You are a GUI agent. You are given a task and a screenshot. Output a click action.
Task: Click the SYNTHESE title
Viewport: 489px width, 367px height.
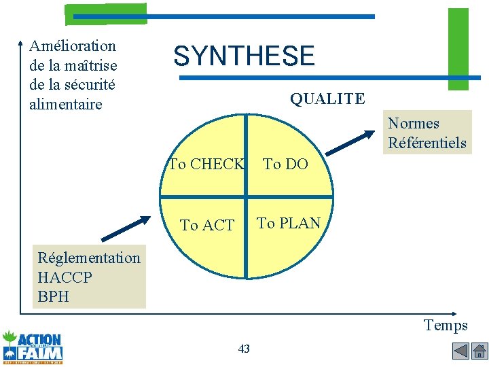pyautogui.click(x=244, y=56)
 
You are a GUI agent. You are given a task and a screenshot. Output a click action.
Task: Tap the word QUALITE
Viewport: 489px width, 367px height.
pyautogui.click(x=327, y=99)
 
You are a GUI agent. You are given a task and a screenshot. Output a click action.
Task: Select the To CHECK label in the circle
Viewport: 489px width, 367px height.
pyautogui.click(x=206, y=164)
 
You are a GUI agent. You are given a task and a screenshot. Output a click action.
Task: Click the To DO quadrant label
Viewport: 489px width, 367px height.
pyautogui.click(x=285, y=164)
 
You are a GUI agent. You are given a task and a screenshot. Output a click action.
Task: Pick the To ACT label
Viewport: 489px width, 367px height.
pyautogui.click(x=207, y=225)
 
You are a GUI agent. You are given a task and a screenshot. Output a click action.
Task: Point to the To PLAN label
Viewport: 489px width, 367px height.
pyautogui.click(x=289, y=223)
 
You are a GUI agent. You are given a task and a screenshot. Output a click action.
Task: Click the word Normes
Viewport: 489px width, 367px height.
pyautogui.click(x=414, y=124)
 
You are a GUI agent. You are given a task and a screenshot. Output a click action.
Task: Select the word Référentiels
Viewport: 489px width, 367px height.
pyautogui.click(x=427, y=143)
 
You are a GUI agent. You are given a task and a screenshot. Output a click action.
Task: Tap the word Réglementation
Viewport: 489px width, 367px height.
pyautogui.click(x=89, y=258)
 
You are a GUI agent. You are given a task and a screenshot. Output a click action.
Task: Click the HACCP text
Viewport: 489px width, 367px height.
pyautogui.click(x=65, y=277)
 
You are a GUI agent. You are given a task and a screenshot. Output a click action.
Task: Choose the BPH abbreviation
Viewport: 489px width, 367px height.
pyautogui.click(x=54, y=296)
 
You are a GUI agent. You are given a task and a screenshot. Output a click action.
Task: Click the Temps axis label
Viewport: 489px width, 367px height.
pyautogui.click(x=446, y=326)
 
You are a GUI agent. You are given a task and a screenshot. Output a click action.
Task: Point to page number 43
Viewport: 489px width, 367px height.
pyautogui.click(x=244, y=349)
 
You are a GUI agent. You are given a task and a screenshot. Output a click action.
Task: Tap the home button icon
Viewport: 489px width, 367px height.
pyautogui.click(x=479, y=351)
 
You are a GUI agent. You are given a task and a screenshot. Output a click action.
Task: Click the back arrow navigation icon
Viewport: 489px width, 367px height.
pyautogui.click(x=460, y=351)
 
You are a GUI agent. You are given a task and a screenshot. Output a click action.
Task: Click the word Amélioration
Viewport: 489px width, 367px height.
pyautogui.click(x=73, y=46)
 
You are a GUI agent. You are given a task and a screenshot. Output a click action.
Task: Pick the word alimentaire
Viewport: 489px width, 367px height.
pyautogui.click(x=66, y=104)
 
